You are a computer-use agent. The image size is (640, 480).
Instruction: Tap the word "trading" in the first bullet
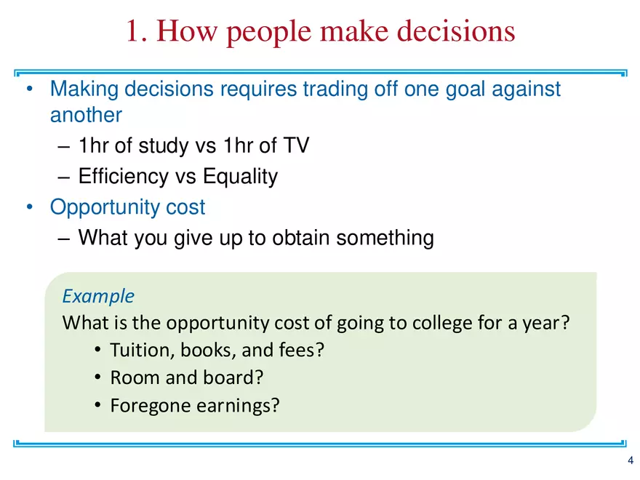pos(340,89)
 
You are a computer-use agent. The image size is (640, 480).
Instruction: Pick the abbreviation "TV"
pos(295,145)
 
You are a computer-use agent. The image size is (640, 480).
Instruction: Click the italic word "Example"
pos(98,296)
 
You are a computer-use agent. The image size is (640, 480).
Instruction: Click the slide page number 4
pos(631,461)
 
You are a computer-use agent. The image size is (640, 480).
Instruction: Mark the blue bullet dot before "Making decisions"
pos(30,89)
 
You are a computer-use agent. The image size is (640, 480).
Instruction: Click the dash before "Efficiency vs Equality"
pos(63,177)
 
